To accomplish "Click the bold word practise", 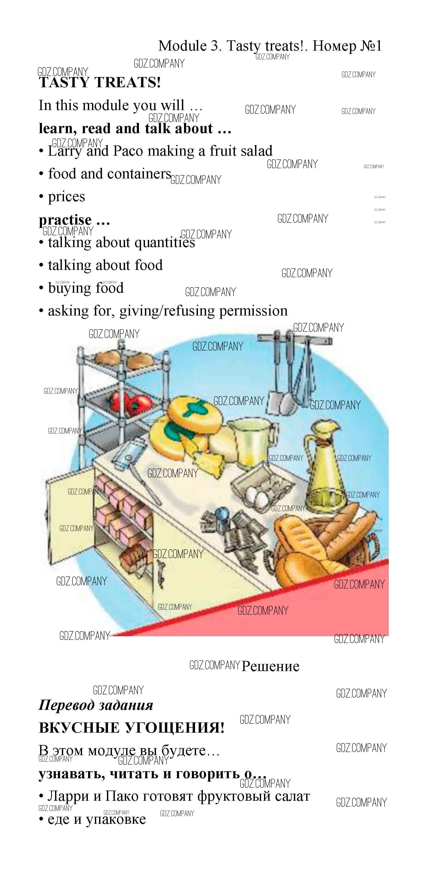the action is click(65, 220).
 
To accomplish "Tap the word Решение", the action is click(270, 666).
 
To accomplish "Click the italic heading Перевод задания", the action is click(96, 705).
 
